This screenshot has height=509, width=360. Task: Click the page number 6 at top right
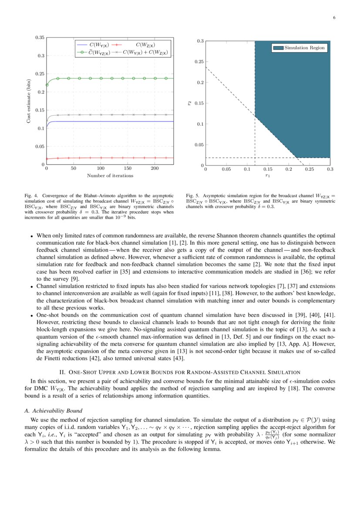334,18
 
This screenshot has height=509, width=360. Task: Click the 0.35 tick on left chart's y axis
40,38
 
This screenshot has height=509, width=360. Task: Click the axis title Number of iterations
110,175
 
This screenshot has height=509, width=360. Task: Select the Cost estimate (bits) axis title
28,101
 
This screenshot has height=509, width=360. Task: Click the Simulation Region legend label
305,48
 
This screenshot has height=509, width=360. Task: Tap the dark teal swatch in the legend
279,48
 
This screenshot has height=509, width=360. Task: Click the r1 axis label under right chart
268,176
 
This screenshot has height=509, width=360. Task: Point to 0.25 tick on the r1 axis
309,169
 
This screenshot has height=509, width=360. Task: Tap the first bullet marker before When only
32,236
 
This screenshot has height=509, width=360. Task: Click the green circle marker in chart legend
80,53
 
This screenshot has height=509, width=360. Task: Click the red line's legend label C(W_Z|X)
145,44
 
